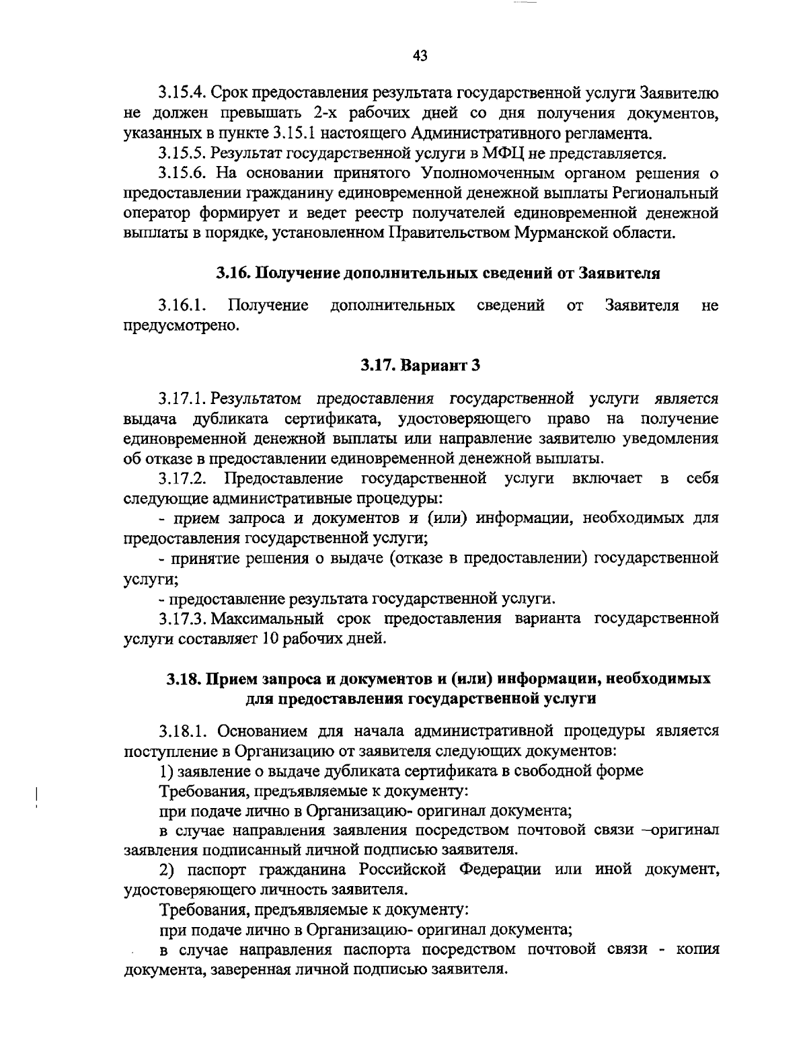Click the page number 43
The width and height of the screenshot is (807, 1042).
420,56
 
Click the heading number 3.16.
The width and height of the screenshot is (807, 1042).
233,274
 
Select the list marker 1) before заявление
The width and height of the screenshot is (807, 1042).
166,771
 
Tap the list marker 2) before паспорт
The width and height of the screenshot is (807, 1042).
167,871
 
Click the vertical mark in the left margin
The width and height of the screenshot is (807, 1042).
35,793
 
